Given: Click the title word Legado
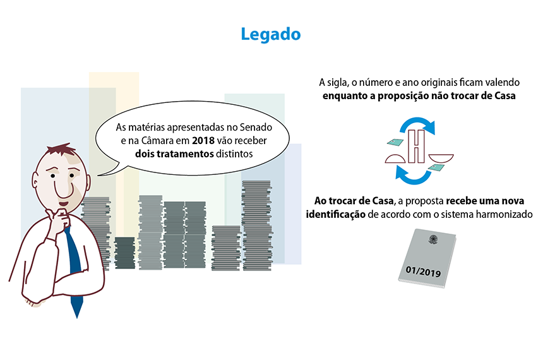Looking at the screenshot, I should click(x=271, y=34).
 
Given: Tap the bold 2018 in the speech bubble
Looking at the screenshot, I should click(x=194, y=140).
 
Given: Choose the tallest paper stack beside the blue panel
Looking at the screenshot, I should click(x=258, y=224).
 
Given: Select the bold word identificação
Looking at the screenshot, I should click(x=337, y=214).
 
